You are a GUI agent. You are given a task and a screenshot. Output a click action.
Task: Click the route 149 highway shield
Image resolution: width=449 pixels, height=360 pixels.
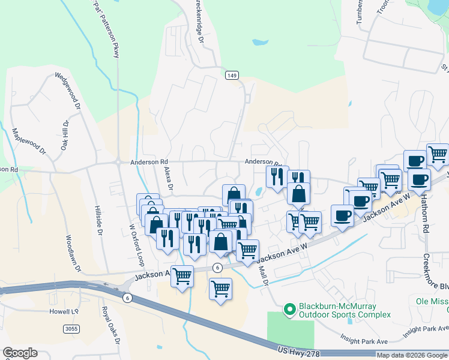coord(232,75)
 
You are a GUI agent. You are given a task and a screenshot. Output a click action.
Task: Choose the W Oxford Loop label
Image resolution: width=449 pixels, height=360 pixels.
coord(137,245)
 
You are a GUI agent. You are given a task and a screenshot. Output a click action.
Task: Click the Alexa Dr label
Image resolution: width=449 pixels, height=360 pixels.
coord(168,179)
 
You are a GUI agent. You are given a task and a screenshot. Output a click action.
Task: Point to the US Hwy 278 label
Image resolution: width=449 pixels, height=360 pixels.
coord(300,349)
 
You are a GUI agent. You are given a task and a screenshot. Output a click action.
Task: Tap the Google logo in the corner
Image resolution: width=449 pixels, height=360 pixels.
coord(19,353)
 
